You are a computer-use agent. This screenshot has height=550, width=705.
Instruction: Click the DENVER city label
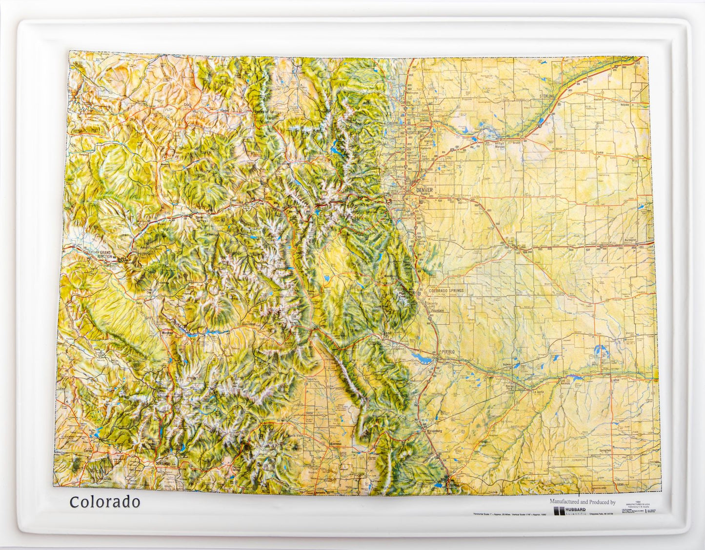tap(424, 189)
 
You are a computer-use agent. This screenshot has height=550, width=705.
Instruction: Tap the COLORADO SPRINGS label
tap(446, 291)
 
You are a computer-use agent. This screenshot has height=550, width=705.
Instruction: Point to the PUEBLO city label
tap(447, 352)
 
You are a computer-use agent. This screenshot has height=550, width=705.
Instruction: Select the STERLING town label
tap(547, 97)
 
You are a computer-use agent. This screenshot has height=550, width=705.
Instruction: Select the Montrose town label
tap(168, 333)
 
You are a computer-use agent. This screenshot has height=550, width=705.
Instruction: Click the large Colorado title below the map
tap(104, 502)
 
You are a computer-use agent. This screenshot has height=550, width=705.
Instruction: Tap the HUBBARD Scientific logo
tap(571, 511)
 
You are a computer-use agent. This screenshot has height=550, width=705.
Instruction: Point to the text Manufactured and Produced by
tap(582, 502)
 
